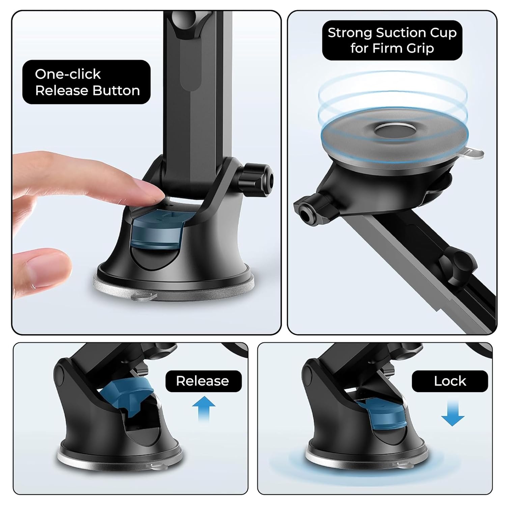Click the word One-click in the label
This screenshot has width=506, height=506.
click(x=68, y=74)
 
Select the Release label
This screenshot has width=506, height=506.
click(x=203, y=381)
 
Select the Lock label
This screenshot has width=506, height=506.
click(x=450, y=381)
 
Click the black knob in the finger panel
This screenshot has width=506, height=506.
click(x=257, y=175)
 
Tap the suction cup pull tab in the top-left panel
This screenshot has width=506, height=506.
click(x=145, y=297)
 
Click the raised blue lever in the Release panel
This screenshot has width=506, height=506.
click(x=126, y=393)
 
